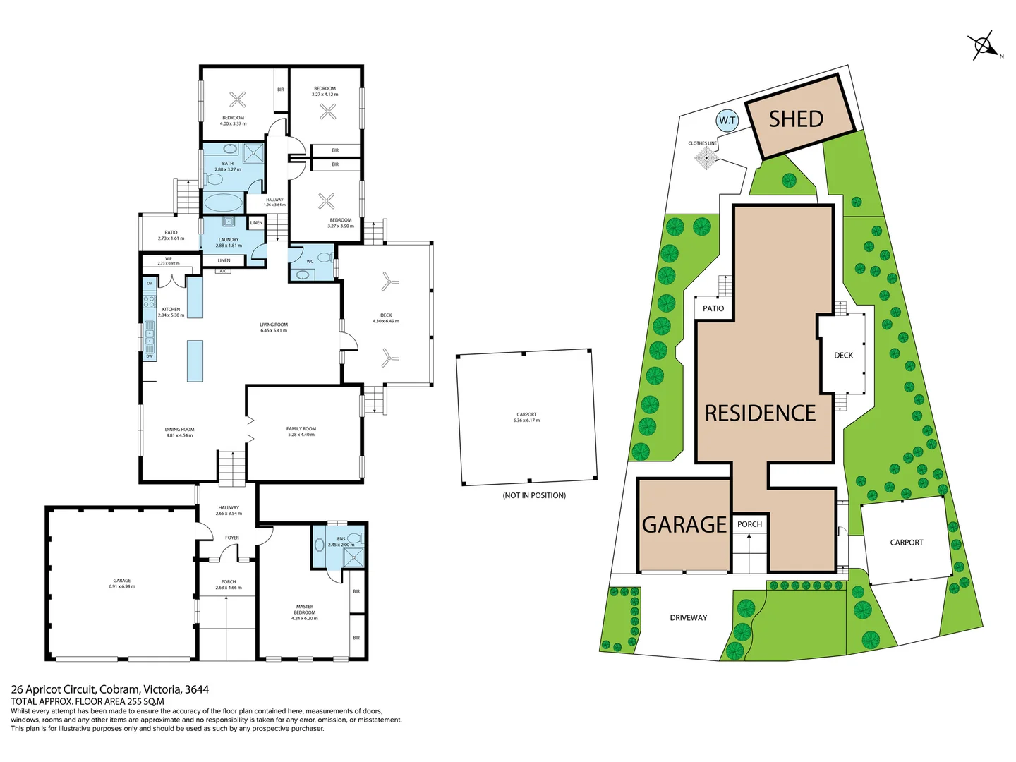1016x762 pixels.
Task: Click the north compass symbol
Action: coord(984,47)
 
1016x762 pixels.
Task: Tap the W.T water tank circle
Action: coord(727,121)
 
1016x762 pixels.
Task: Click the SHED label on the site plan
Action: coord(796,119)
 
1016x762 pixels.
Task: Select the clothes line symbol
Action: coord(705,158)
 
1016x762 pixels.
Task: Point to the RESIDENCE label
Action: coord(760,413)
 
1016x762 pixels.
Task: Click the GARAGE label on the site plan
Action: coord(684,525)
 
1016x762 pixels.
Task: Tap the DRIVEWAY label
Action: coord(688,618)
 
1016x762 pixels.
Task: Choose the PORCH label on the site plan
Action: coord(749,524)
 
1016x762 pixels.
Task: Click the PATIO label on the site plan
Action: coord(713,308)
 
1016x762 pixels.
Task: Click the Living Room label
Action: coord(274,327)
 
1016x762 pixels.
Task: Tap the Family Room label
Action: coord(301,431)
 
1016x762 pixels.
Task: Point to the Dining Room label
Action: coord(179,432)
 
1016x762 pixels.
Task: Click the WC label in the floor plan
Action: coord(310,262)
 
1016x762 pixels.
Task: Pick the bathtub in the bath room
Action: coord(222,203)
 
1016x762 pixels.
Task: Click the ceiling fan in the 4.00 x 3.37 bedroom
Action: coord(238,99)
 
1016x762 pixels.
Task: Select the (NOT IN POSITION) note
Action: coord(534,495)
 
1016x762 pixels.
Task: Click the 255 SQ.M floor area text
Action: coord(145,701)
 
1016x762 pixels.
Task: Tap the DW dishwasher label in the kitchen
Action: coord(150,356)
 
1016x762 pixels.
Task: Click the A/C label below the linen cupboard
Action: coord(223,271)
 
